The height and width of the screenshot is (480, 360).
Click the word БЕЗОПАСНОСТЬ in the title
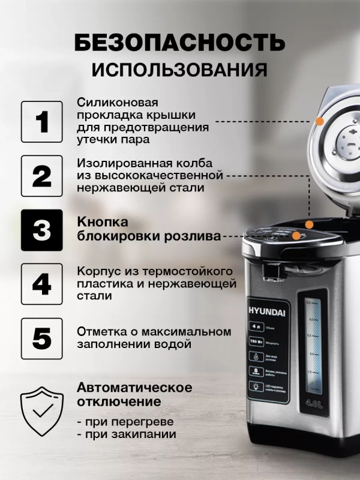coord(179,43)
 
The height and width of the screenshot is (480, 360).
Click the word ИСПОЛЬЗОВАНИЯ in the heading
coord(179,70)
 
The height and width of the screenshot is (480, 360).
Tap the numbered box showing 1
coord(41,122)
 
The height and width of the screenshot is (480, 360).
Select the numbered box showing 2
coord(41,176)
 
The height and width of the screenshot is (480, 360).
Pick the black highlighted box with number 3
coord(41,230)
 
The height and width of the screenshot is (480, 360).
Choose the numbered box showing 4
coord(41,284)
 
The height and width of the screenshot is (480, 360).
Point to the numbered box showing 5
coord(41,338)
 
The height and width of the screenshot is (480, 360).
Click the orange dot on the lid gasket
coord(320,121)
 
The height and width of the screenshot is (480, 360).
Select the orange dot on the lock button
coord(297,236)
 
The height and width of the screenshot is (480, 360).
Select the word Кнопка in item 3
coord(99,221)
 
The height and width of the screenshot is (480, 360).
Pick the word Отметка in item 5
coord(100,331)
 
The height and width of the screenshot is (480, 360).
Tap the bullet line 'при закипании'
coord(127,434)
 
